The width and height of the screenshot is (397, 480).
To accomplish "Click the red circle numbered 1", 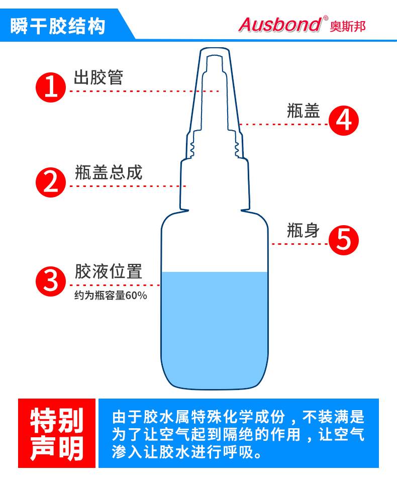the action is [51, 87].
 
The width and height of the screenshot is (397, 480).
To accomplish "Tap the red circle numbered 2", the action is [51, 182].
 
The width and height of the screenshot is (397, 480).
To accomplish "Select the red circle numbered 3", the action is [51, 281].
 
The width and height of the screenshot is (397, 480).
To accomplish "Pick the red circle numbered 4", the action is [343, 120].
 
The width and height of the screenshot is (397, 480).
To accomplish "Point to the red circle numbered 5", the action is [343, 240].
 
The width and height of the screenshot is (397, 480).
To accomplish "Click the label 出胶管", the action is [98, 77].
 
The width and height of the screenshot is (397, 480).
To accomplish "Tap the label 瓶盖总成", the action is [109, 172].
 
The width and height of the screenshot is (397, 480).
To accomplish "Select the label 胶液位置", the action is [109, 271].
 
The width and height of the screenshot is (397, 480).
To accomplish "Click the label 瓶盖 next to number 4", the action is [304, 111].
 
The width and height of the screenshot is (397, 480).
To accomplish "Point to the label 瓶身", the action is [304, 230].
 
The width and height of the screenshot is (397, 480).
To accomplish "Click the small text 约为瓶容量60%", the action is [111, 296].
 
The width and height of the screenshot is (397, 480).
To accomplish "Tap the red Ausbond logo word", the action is [280, 25].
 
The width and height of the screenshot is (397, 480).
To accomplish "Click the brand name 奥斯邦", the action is [348, 26].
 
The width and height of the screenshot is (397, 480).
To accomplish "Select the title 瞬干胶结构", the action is [58, 26].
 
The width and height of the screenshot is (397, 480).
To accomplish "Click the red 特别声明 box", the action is [57, 433].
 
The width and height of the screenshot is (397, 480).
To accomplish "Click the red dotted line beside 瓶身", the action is [300, 244].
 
